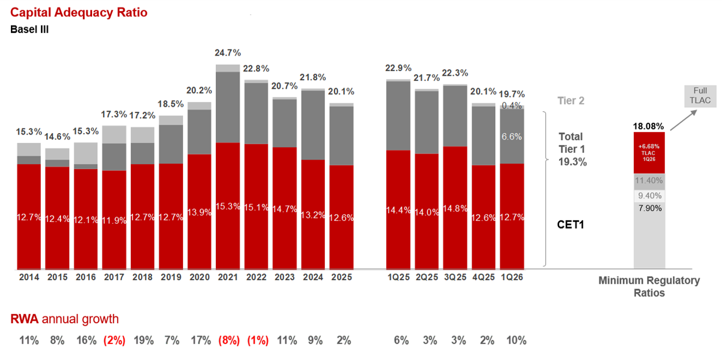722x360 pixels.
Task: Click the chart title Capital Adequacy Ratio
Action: point(79,12)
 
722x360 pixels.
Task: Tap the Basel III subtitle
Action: point(29,29)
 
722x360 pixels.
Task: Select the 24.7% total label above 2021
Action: point(227,53)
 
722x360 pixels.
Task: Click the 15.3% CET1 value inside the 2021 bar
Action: point(227,206)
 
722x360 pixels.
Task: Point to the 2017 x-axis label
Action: point(114,277)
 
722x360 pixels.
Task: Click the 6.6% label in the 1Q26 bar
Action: point(512,137)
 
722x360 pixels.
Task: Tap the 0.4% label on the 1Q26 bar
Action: point(512,105)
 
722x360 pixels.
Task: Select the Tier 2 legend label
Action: point(571,101)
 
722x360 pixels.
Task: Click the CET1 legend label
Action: point(570,225)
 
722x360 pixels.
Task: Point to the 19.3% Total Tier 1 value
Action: point(572,162)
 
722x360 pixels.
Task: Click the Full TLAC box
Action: point(700,96)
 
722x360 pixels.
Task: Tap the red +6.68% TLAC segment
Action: point(649,153)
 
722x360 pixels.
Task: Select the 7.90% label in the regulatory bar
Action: point(649,208)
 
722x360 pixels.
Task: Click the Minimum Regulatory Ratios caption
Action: point(649,286)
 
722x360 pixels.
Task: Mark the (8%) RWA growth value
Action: point(229,340)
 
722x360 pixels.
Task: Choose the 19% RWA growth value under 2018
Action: point(143,340)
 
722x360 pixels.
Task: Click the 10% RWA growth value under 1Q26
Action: point(516,340)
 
